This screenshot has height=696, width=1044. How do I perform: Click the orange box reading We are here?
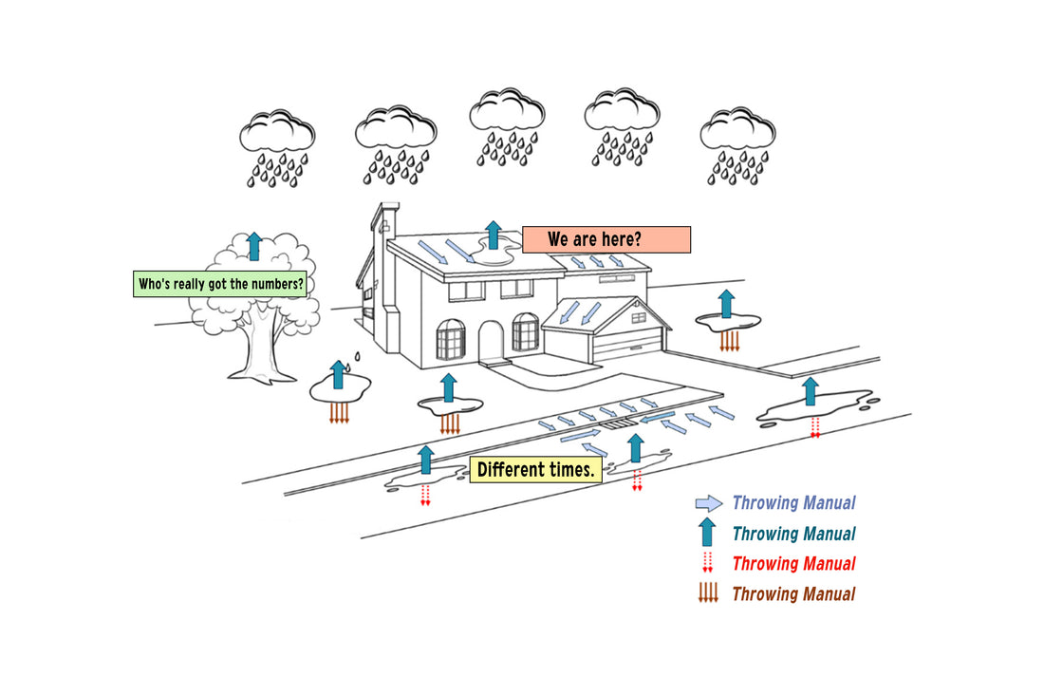(606, 239)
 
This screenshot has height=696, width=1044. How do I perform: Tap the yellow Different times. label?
(536, 470)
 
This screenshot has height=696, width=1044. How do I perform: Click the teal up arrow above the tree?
(253, 246)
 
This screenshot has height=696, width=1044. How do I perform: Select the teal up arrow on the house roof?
(493, 235)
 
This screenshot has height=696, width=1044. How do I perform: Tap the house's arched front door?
(491, 343)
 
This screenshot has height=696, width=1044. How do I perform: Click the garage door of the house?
(625, 346)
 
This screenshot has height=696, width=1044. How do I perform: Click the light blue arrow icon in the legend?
(708, 503)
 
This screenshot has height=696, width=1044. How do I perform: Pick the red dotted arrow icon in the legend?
(707, 562)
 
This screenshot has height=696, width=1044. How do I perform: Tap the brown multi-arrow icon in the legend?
(708, 593)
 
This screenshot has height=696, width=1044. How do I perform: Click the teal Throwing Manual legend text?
(793, 534)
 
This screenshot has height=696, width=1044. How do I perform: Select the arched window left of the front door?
(450, 339)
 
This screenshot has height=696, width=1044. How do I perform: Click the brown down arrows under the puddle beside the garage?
(728, 340)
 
